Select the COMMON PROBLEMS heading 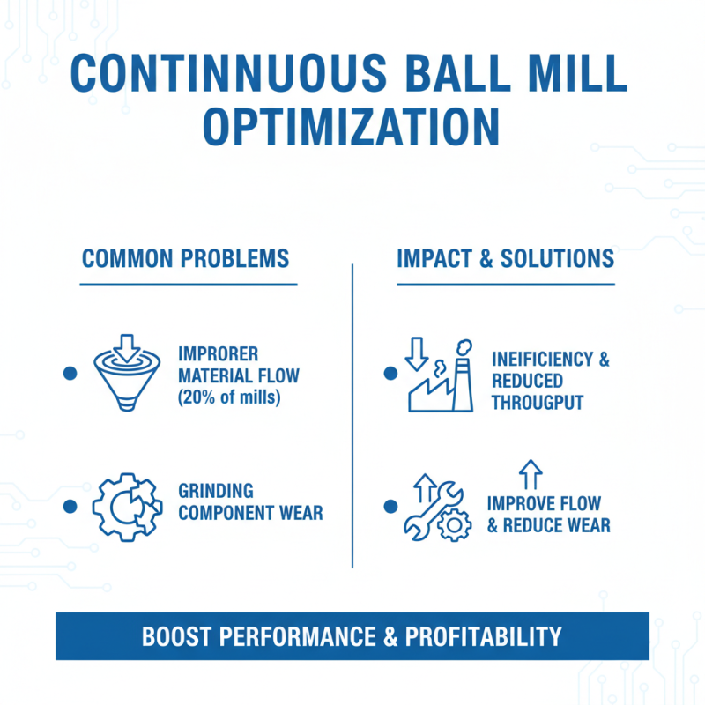point(185,258)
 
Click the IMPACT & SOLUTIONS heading point(505,258)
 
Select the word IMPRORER point(219,354)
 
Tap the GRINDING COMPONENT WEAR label point(250,501)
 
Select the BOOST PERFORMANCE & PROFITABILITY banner point(352,636)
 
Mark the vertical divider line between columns point(352,414)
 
